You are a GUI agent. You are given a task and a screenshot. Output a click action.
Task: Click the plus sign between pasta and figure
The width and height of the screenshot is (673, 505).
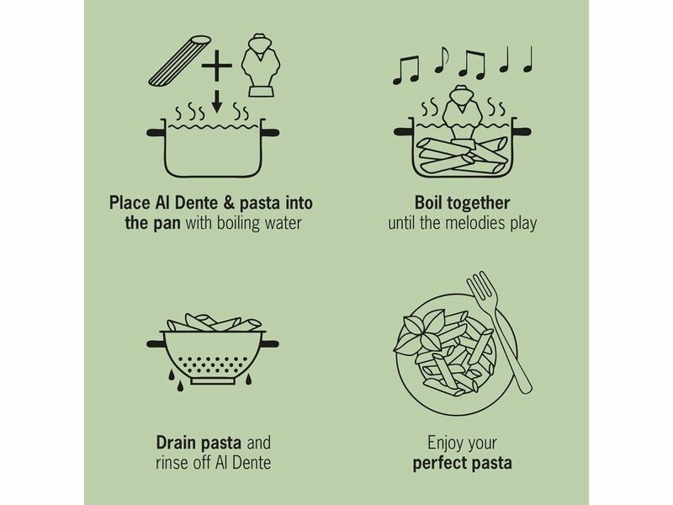click(x=217, y=66)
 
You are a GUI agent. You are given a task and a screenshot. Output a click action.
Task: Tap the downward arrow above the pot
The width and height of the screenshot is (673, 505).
click(x=217, y=101)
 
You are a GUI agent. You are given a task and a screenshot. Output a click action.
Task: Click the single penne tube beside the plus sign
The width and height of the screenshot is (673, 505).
click(x=180, y=60)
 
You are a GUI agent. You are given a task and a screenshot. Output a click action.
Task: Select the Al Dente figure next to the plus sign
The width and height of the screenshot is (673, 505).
click(x=261, y=65)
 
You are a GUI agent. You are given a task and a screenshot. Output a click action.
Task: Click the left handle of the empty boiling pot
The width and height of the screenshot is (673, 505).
click(x=156, y=132)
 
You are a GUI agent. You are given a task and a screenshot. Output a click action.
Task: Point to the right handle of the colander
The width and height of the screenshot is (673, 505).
click(x=270, y=343)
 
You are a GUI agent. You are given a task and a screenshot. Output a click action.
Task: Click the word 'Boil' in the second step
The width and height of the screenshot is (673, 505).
click(x=429, y=203)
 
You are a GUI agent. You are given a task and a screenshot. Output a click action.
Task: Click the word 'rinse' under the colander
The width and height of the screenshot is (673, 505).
click(x=172, y=463)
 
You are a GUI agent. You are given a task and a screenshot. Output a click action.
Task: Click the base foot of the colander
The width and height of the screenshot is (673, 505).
click(x=213, y=381)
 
